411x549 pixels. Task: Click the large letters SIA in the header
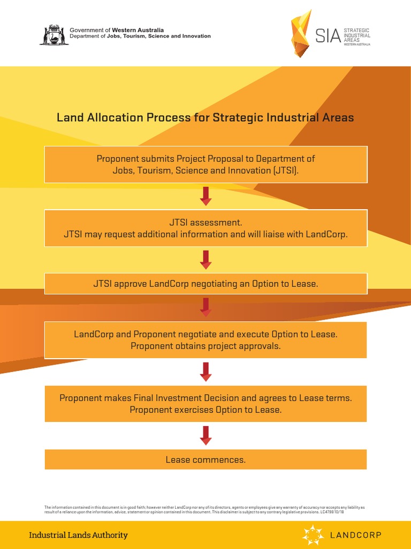pyautogui.click(x=328, y=35)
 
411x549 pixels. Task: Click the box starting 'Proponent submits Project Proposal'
pyautogui.click(x=205, y=164)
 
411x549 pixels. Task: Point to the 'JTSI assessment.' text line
pyautogui.click(x=205, y=222)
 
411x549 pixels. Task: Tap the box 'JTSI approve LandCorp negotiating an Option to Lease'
pyautogui.click(x=205, y=284)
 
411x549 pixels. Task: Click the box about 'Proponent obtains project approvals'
pyautogui.click(x=205, y=340)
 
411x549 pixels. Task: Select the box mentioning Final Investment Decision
pyautogui.click(x=205, y=404)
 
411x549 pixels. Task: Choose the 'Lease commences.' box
pyautogui.click(x=205, y=459)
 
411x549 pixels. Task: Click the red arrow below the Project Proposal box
pyautogui.click(x=205, y=196)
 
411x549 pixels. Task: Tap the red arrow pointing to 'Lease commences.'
pyautogui.click(x=205, y=435)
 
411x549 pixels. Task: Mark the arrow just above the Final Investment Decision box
pyautogui.click(x=205, y=372)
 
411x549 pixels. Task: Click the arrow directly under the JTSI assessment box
pyautogui.click(x=205, y=259)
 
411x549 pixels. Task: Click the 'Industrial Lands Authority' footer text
pyautogui.click(x=78, y=535)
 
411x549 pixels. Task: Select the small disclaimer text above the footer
pyautogui.click(x=204, y=509)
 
